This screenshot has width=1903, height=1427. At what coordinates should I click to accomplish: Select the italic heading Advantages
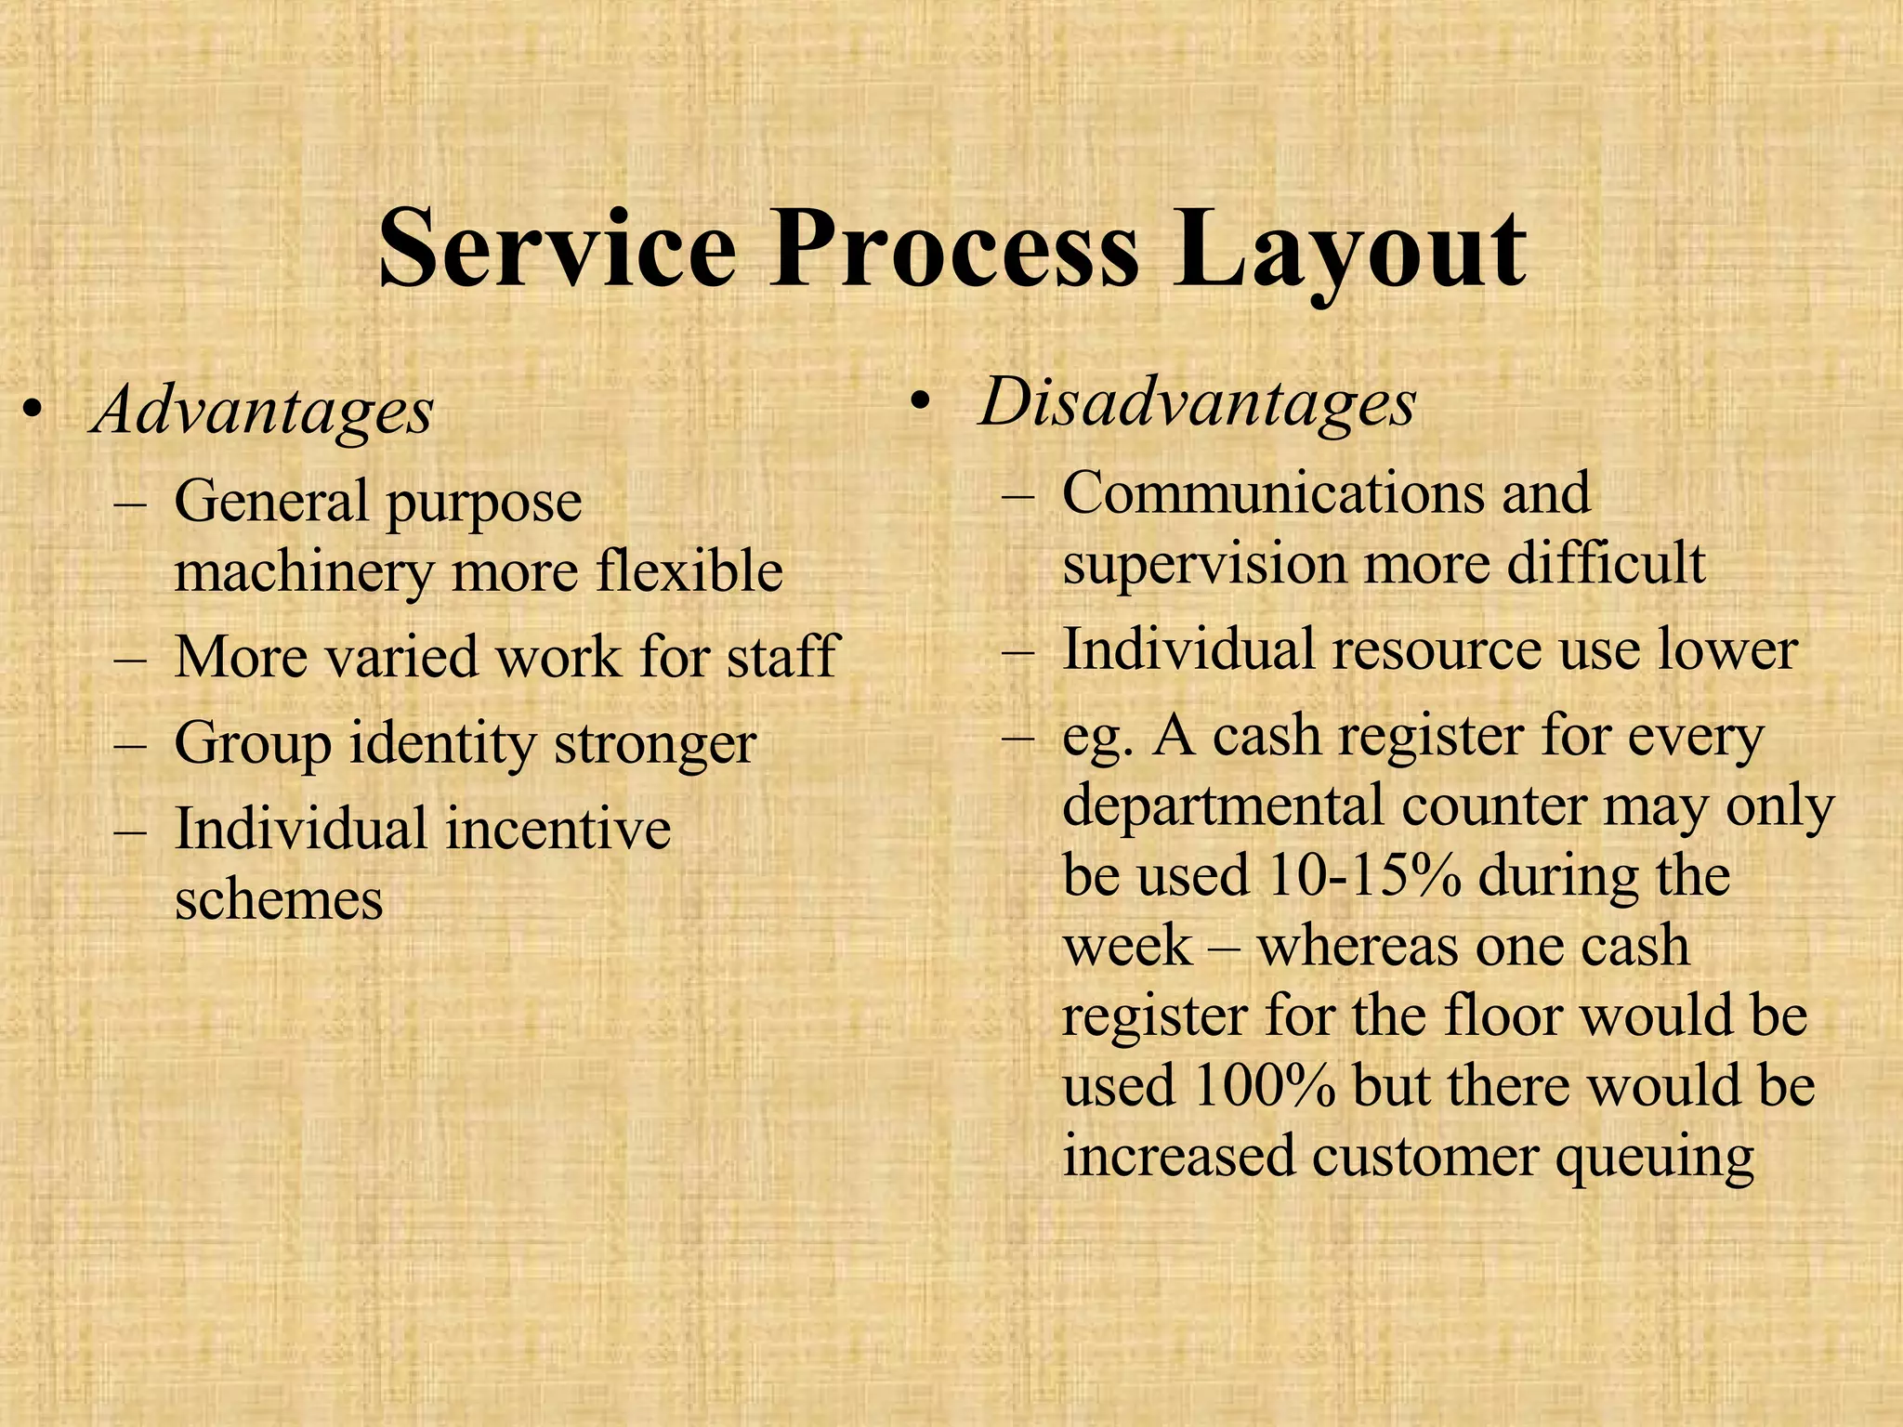(263, 411)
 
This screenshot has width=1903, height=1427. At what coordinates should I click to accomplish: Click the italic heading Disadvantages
(1198, 403)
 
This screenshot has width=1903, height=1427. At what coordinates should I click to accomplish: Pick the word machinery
(304, 571)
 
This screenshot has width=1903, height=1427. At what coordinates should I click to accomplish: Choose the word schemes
(279, 899)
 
